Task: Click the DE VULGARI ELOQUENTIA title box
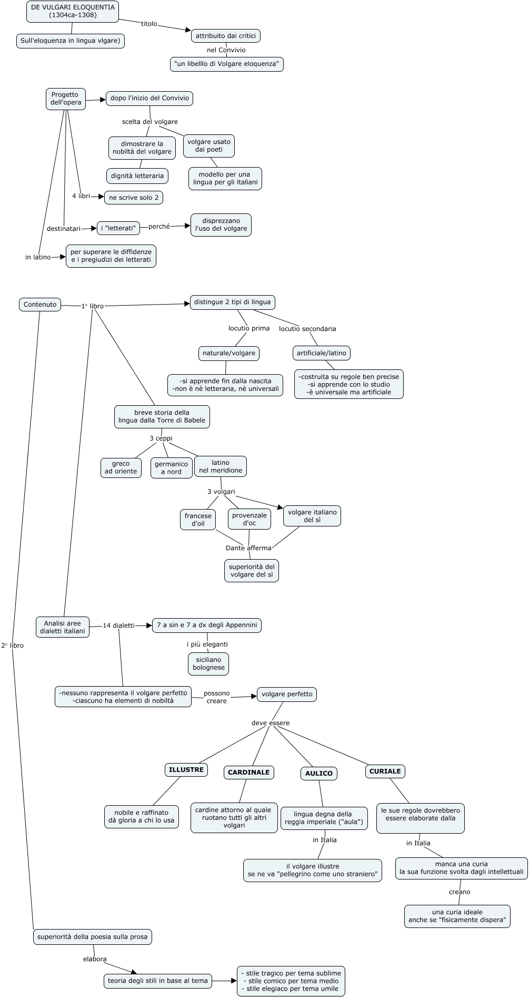73,11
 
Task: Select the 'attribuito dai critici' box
225,36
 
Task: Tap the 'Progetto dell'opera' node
66,99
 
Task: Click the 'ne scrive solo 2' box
134,198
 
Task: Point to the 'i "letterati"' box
118,228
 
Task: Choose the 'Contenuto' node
40,304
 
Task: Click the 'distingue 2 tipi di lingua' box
232,302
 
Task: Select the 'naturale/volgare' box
229,353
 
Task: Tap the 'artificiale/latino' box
321,353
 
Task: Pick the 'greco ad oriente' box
121,467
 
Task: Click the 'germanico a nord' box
171,468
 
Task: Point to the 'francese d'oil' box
198,520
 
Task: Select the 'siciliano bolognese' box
208,663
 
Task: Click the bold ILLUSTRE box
186,770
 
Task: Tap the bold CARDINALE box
248,773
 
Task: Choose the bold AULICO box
319,774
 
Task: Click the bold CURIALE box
385,771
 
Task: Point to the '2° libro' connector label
13,646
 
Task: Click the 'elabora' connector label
95,959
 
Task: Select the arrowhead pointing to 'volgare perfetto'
254,696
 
